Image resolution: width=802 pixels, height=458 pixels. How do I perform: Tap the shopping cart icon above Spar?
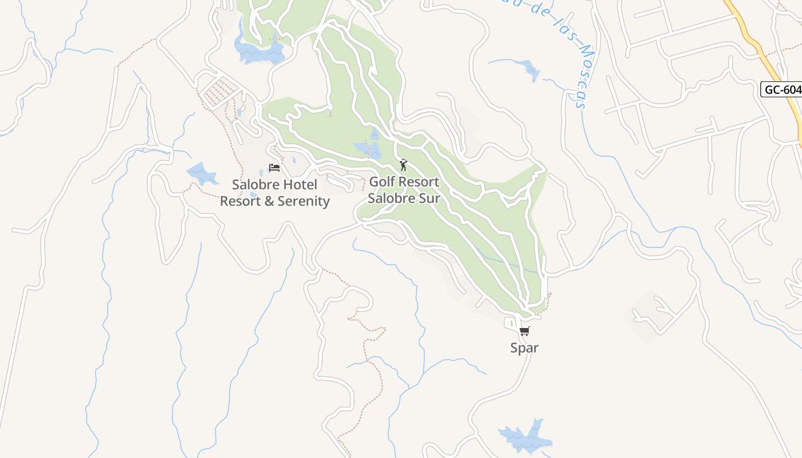524,331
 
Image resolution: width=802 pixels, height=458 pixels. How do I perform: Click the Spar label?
524,348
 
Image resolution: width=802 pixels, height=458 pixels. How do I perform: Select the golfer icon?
403,165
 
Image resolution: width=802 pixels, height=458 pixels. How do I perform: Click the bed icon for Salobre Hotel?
274,168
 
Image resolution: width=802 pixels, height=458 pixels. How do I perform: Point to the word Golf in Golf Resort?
383,182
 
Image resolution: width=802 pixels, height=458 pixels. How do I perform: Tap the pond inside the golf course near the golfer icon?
368,149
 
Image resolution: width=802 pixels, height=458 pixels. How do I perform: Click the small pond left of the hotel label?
202,173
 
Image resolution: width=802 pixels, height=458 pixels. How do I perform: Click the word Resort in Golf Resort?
419,182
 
